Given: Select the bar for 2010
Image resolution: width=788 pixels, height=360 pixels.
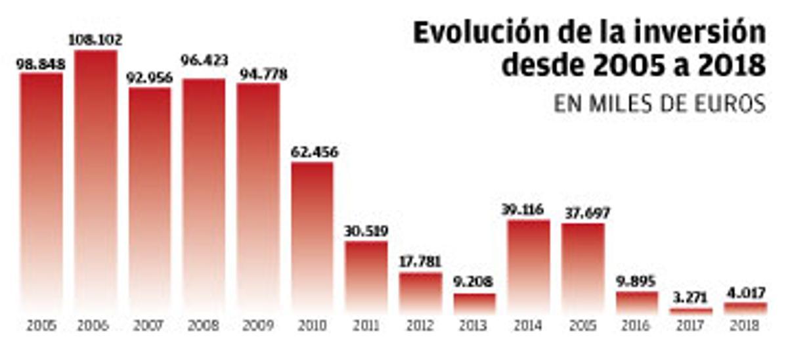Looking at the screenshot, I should coord(312,236).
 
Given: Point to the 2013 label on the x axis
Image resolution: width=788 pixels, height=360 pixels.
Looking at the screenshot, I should coord(474,326).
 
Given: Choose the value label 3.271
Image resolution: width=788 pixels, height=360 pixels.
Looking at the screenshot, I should coord(691,298).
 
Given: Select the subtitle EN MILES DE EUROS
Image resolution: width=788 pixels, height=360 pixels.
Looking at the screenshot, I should coord(659,104).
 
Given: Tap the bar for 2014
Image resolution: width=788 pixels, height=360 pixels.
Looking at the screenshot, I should coord(529,266).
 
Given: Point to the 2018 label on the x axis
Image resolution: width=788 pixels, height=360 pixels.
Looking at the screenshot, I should coord(745,326).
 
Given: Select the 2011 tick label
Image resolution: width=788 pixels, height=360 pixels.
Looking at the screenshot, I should coord(366,326).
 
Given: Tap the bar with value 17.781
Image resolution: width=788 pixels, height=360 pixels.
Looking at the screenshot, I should coord(420,292).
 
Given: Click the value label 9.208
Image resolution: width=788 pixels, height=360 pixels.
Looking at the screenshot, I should coord(474,283).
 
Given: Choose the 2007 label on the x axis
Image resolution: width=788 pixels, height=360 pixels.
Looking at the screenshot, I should coord(149,326).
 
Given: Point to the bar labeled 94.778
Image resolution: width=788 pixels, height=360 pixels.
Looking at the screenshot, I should coord(258,197).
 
